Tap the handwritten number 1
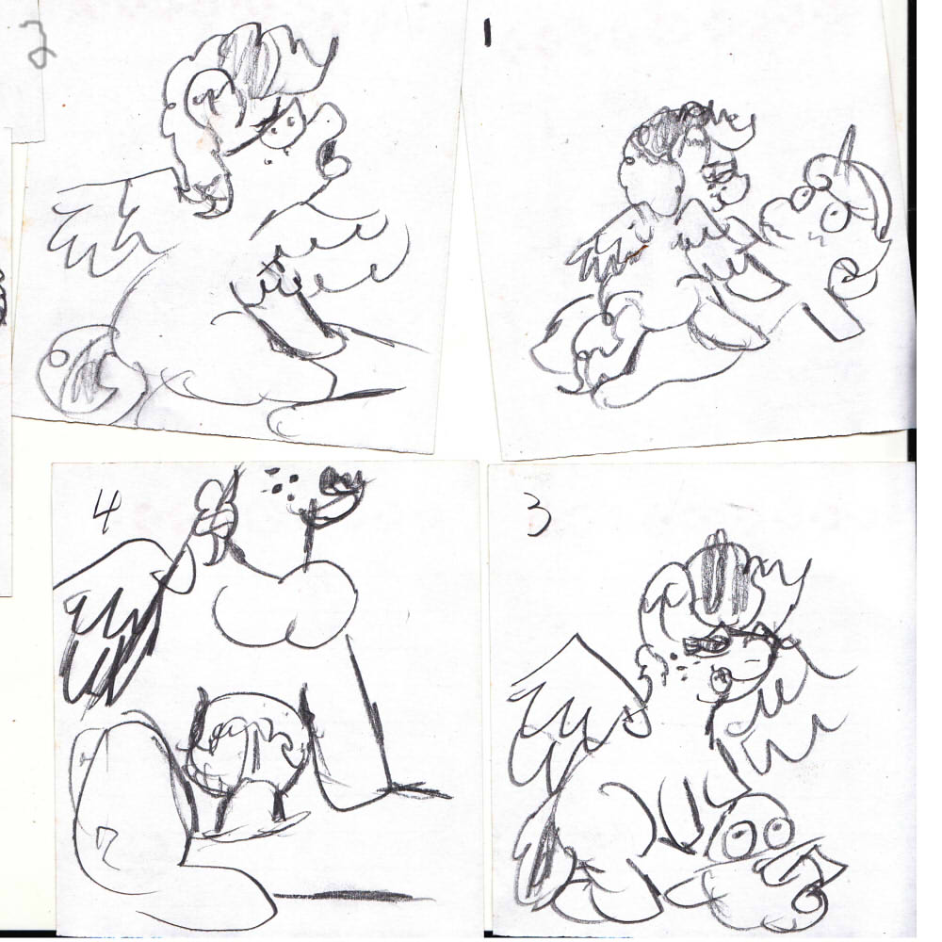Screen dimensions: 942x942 pyautogui.click(x=487, y=32)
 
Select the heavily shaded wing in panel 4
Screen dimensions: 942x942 pyautogui.click(x=117, y=625)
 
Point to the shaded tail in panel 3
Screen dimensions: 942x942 pyautogui.click(x=544, y=853)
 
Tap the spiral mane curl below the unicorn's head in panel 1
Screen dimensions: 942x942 pyautogui.click(x=849, y=273)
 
